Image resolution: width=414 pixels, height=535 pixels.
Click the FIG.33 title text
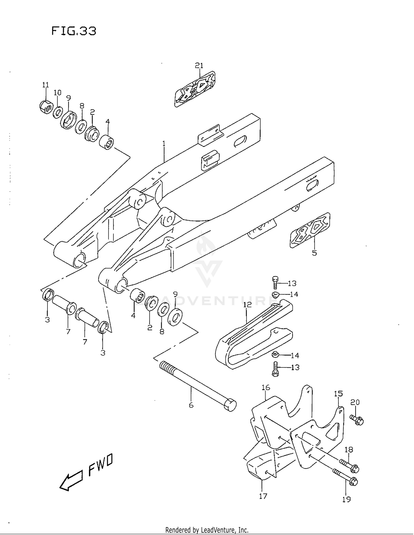coord(74,31)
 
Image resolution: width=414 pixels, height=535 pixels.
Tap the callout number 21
coord(199,66)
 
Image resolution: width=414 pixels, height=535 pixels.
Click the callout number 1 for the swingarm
coord(164,144)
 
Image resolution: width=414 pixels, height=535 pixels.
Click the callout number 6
coord(191,405)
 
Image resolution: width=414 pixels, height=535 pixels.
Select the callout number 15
coord(338,393)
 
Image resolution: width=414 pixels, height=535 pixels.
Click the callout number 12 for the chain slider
coord(248,305)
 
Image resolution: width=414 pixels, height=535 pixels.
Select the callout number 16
coord(266,387)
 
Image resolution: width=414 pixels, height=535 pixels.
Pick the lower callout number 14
coord(295,355)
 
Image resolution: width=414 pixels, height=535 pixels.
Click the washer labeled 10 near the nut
coord(58,112)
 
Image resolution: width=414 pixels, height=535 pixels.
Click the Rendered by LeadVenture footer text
coord(207,530)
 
